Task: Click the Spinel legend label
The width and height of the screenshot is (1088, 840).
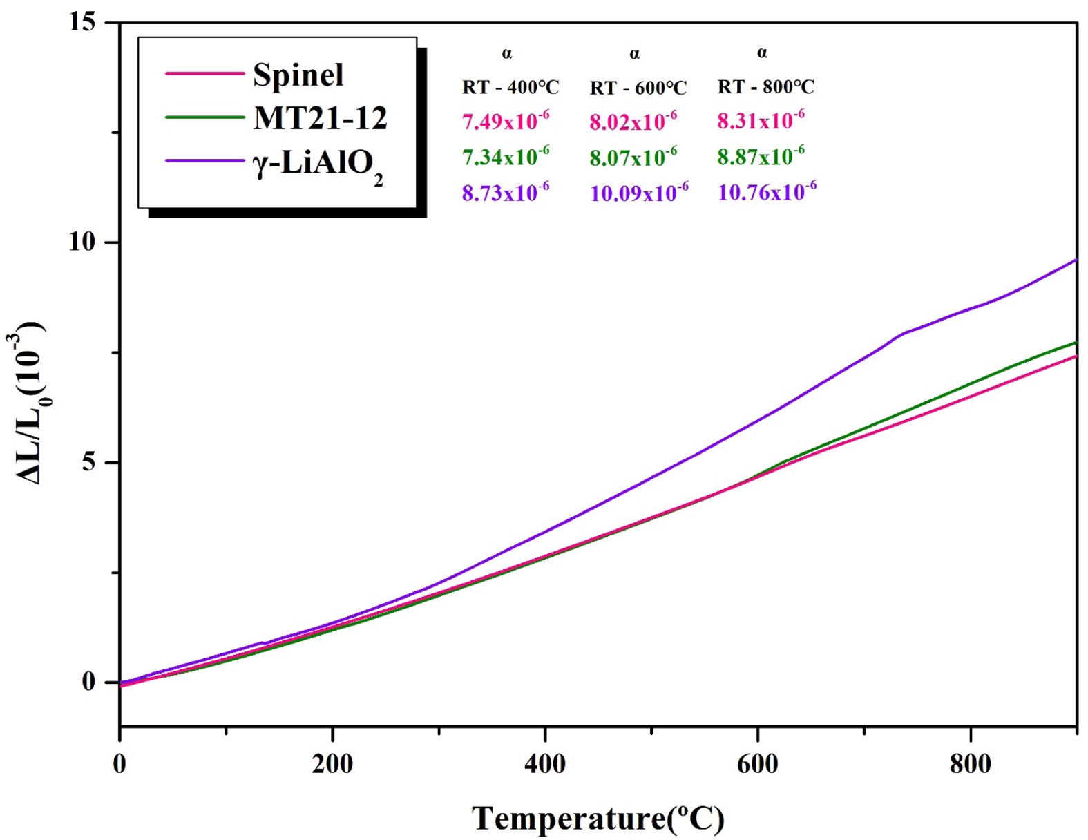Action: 298,75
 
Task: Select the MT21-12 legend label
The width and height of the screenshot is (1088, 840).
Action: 320,118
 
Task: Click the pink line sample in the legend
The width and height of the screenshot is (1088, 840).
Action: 204,73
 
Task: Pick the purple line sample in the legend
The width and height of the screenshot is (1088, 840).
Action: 204,161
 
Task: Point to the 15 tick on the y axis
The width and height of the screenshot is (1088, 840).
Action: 82,22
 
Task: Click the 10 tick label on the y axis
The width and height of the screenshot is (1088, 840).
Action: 82,242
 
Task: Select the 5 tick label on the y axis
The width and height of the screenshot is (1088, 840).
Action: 88,462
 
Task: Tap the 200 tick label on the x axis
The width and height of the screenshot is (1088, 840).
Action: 332,763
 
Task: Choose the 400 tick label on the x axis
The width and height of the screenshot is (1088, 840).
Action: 545,763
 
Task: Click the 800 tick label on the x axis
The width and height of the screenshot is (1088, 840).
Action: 971,763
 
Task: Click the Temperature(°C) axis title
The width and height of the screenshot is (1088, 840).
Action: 598,819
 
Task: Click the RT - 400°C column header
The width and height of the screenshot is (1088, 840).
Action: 510,88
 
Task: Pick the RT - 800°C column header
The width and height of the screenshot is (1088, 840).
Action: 765,87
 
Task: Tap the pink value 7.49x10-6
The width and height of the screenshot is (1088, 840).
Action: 506,121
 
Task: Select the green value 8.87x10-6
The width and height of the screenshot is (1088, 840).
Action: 761,157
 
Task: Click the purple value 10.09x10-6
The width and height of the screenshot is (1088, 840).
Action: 639,193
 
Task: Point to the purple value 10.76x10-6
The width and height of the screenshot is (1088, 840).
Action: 767,192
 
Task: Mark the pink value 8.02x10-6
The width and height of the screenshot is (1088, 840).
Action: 633,122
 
